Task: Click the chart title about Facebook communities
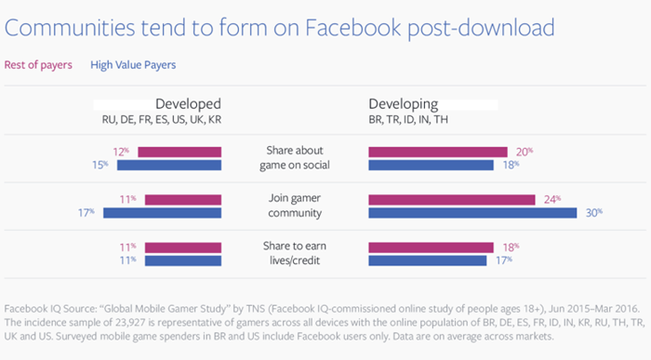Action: (279, 28)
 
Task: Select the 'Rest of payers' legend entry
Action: (38, 65)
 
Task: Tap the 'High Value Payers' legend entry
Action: (133, 65)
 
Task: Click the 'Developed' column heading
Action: (188, 104)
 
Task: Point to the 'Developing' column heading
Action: (403, 104)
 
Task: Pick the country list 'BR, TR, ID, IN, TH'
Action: (408, 120)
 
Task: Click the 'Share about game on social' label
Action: (295, 158)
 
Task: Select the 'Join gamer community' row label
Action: (295, 206)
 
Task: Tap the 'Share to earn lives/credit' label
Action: (295, 253)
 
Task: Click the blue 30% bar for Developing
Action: (472, 213)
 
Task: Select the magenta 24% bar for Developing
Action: (452, 200)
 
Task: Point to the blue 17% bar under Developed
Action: (163, 213)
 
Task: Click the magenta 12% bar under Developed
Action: (179, 152)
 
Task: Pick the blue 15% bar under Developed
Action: (169, 166)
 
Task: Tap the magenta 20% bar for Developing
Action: (438, 152)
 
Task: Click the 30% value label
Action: (594, 213)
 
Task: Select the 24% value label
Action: (552, 200)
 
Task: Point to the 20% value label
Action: (525, 152)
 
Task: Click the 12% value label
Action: (121, 152)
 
